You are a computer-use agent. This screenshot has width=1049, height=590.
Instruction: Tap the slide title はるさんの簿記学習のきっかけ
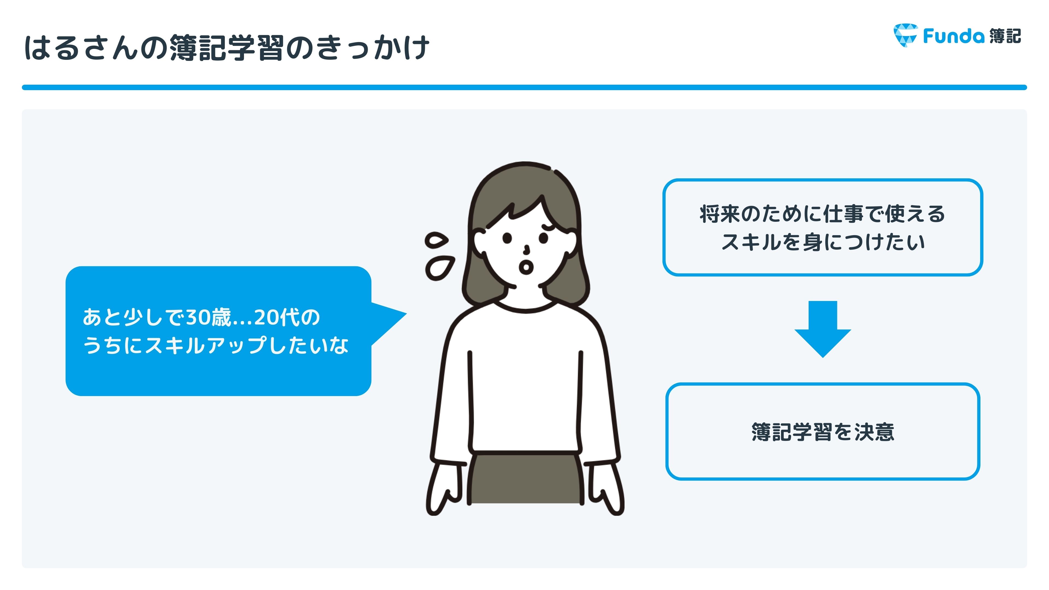(226, 48)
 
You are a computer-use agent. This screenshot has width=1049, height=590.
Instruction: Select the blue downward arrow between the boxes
(823, 329)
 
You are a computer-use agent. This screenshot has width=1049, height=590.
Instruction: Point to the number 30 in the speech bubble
(198, 317)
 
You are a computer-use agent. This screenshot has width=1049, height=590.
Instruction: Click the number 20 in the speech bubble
(266, 317)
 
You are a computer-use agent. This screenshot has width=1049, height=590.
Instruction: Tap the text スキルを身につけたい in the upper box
(823, 242)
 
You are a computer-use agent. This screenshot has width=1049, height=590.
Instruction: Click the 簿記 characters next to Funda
(1005, 36)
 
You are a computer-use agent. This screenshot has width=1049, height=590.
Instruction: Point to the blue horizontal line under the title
(524, 87)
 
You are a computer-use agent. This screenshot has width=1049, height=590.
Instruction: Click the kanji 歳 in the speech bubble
(221, 317)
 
